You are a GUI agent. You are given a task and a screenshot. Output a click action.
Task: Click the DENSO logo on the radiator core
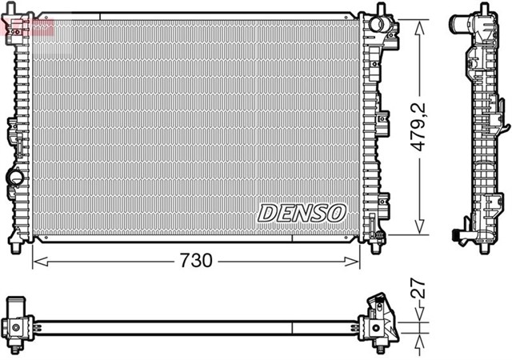(x=302, y=213)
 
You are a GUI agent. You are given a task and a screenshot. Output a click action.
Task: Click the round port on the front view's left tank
(x=14, y=178)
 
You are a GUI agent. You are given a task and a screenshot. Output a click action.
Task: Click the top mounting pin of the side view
(x=486, y=9)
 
